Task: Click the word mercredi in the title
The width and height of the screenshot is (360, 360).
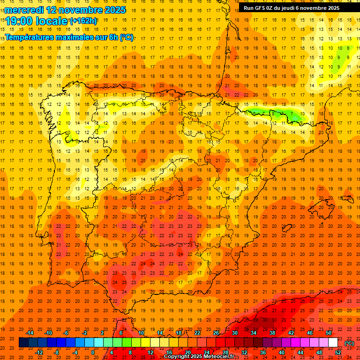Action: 24,10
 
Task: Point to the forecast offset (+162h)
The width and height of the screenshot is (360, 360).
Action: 83,21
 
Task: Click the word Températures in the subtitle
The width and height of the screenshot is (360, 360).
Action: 31,37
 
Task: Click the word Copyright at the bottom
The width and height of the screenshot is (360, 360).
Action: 179,357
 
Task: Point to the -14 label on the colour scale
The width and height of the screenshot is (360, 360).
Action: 30,333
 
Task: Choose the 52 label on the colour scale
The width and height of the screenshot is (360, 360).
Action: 338,352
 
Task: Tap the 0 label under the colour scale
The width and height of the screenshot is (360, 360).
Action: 93,352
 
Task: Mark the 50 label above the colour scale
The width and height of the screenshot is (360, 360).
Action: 328,333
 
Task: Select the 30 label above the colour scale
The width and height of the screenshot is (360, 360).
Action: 234,333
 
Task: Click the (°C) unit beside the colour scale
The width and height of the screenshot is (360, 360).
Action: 349,343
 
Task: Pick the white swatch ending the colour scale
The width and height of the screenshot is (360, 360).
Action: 333,343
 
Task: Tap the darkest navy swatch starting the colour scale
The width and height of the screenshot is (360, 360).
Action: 23,343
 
